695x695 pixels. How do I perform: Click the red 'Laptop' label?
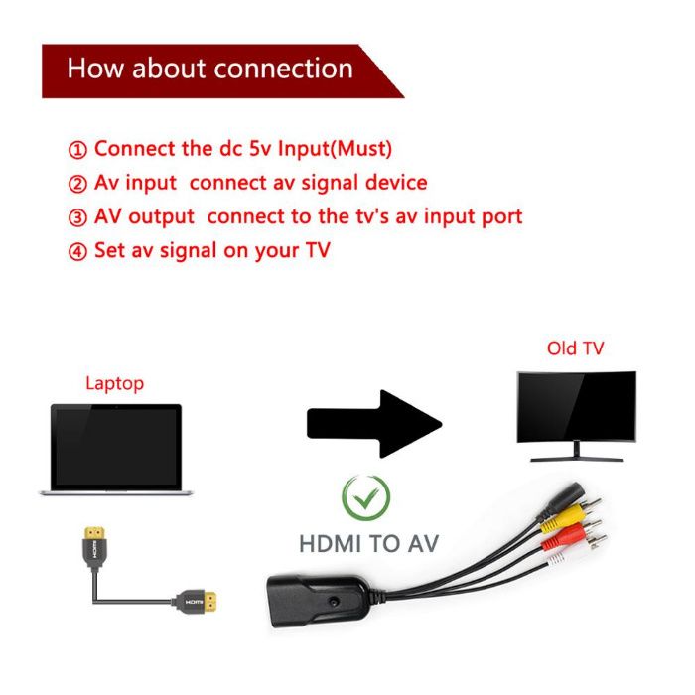pyautogui.click(x=114, y=382)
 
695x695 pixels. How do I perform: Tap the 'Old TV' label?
pyautogui.click(x=575, y=348)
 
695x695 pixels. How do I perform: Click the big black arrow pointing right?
pyautogui.click(x=373, y=423)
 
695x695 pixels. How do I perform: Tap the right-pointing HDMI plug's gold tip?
pyautogui.click(x=215, y=601)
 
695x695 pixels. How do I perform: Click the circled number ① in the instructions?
pyautogui.click(x=77, y=149)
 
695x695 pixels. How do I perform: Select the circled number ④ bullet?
pyautogui.click(x=77, y=250)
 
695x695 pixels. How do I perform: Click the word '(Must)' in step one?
pyautogui.click(x=360, y=149)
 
